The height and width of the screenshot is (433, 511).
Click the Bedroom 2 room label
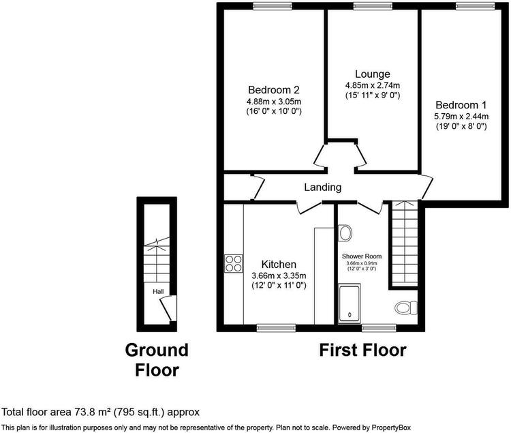coord(274,89)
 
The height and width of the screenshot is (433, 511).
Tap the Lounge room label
coord(373,74)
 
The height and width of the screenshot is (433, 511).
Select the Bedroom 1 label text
coord(461,105)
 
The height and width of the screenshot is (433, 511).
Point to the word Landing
coord(323,188)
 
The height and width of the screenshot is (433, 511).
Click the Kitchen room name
coord(279,264)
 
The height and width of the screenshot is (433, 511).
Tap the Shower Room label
coord(361,256)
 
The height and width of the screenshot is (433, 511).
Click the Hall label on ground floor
coord(158,291)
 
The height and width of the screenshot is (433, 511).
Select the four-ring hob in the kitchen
coord(234,263)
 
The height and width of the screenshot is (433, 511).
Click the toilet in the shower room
coord(406,308)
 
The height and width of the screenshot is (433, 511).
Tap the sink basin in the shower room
coord(345,233)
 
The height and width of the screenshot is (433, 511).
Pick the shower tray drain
coord(350,315)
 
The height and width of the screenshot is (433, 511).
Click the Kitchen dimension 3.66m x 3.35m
coord(279,276)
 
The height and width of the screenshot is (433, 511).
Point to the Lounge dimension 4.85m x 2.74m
coord(373,85)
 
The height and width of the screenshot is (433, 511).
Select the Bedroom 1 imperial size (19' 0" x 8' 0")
coord(461,127)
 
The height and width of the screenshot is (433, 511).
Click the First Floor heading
coord(362,350)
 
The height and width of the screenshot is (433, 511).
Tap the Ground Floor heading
coord(157,360)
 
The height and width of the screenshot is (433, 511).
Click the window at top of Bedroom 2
coord(273,5)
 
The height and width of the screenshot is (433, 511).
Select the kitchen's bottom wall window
coord(276,328)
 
